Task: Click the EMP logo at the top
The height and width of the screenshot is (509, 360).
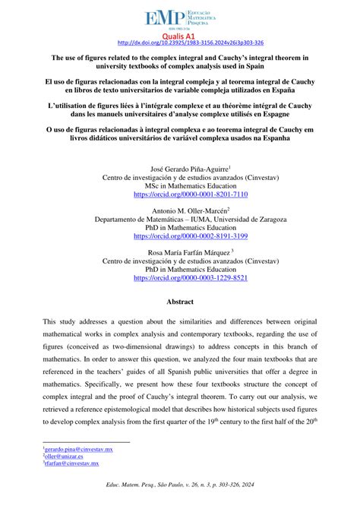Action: pos(179,16)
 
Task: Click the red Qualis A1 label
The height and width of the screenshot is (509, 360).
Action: pos(179,35)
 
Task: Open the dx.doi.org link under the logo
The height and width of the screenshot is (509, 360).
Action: pos(179,43)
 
